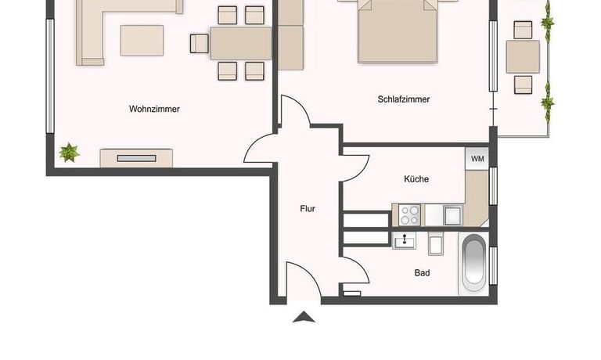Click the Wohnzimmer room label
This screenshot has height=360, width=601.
(154, 109)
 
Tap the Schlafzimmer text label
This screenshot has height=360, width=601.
(404, 99)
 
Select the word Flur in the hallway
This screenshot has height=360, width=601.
(308, 208)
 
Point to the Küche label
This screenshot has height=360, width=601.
(416, 178)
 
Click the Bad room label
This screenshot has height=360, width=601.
(422, 273)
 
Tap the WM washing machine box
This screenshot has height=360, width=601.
(477, 159)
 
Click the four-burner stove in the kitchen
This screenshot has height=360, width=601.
(409, 215)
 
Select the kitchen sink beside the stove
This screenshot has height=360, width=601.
(453, 215)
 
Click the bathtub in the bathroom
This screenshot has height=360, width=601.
(474, 265)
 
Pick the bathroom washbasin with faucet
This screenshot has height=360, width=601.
(404, 241)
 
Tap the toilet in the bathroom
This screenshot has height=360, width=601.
(436, 243)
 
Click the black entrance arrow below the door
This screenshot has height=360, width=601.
(304, 317)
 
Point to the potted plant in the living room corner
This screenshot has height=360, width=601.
(69, 153)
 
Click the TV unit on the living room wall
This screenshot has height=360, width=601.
(136, 158)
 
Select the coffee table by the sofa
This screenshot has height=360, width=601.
(142, 41)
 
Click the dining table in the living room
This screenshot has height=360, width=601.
(241, 43)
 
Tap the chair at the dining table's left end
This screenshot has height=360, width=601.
(200, 43)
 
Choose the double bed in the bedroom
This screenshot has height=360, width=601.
(398, 31)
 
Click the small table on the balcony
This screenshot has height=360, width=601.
(523, 57)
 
